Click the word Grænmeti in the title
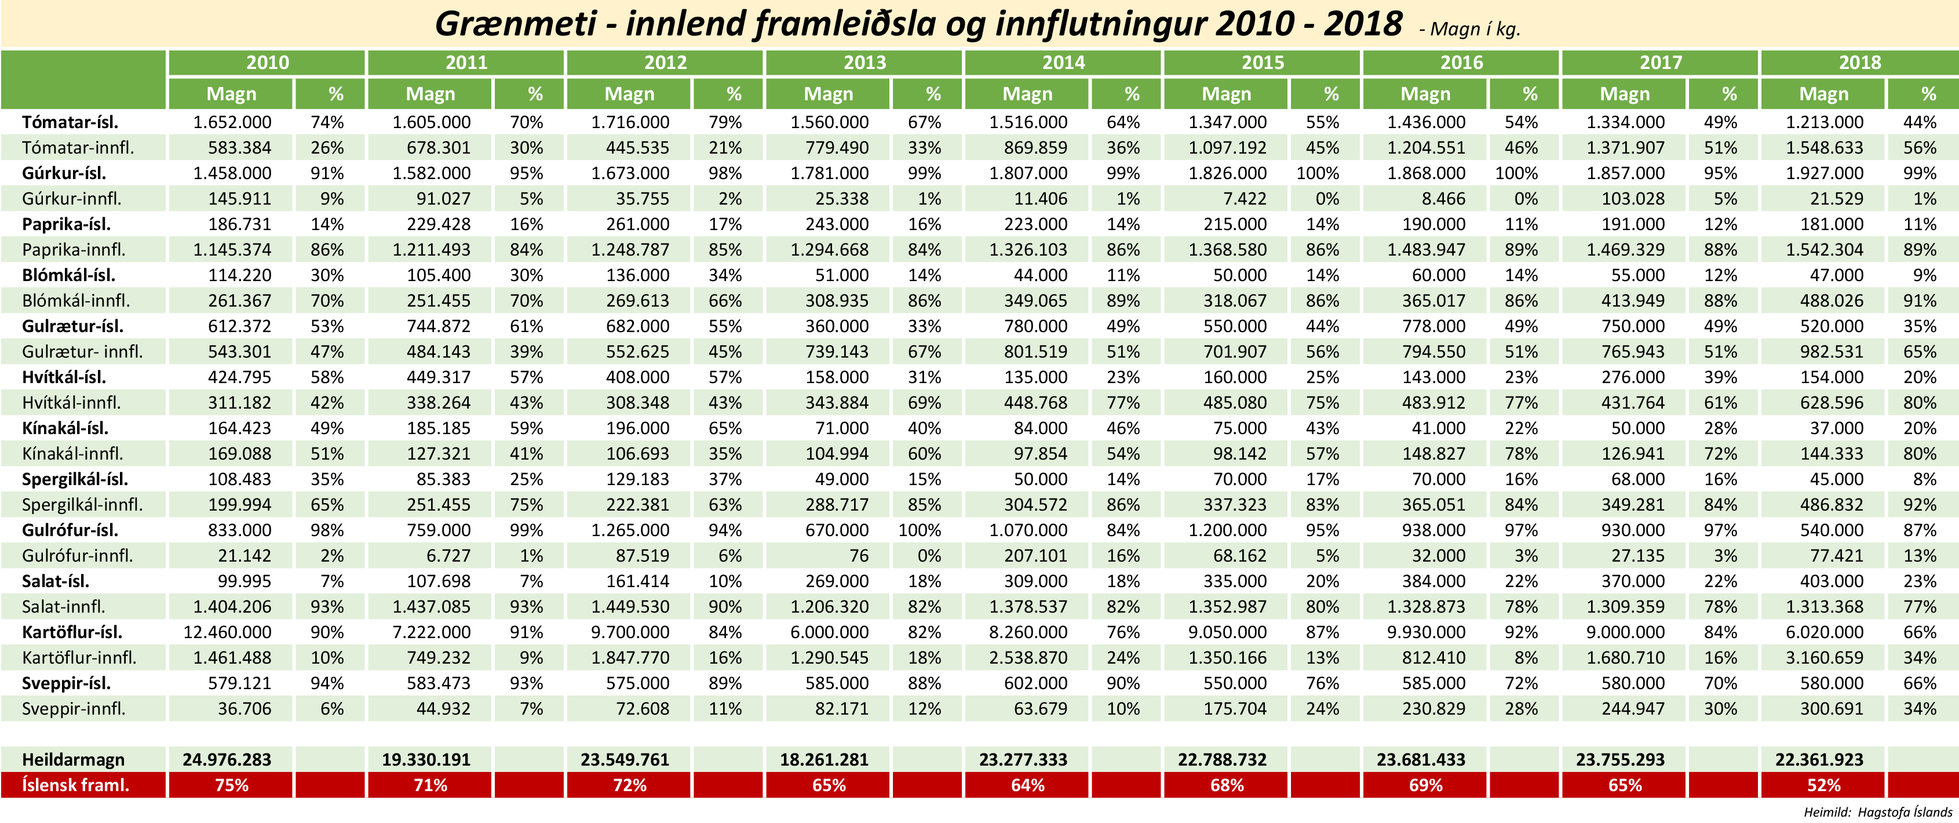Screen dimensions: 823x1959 click(515, 24)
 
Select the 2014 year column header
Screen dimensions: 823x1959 click(1063, 63)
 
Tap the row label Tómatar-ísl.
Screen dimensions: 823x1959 click(70, 122)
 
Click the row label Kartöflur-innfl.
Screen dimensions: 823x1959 click(79, 657)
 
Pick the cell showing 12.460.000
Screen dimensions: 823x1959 click(227, 632)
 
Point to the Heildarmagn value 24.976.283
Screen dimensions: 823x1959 click(227, 759)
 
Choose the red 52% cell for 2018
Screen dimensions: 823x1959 click(1823, 785)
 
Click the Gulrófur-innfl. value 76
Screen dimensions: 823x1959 click(859, 555)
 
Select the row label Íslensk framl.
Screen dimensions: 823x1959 click(75, 785)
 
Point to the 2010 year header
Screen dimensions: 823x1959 click(267, 63)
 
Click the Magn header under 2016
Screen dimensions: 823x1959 click(1425, 94)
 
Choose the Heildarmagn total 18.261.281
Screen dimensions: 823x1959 click(825, 759)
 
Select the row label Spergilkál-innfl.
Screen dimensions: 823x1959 click(82, 504)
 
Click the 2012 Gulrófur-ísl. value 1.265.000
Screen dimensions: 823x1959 click(630, 530)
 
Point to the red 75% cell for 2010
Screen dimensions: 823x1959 click(231, 785)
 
